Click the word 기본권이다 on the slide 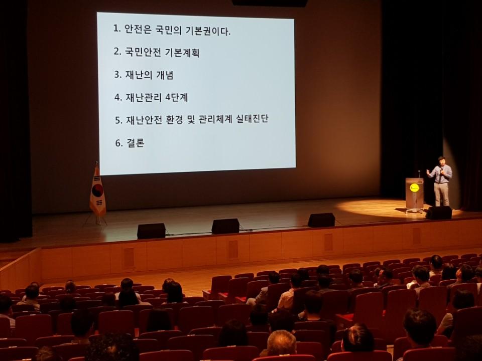point(208,31)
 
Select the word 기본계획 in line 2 point(182,53)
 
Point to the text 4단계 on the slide point(176,97)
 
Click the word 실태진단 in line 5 point(252,119)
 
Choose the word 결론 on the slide point(135,143)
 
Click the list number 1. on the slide point(117,29)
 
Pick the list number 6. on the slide point(119,143)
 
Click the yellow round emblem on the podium point(414,187)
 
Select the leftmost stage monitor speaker point(151,231)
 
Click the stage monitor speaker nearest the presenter point(439,213)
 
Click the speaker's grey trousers point(442,195)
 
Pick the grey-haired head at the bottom point(281,342)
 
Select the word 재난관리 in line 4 point(143,97)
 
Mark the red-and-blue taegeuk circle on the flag point(97,191)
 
